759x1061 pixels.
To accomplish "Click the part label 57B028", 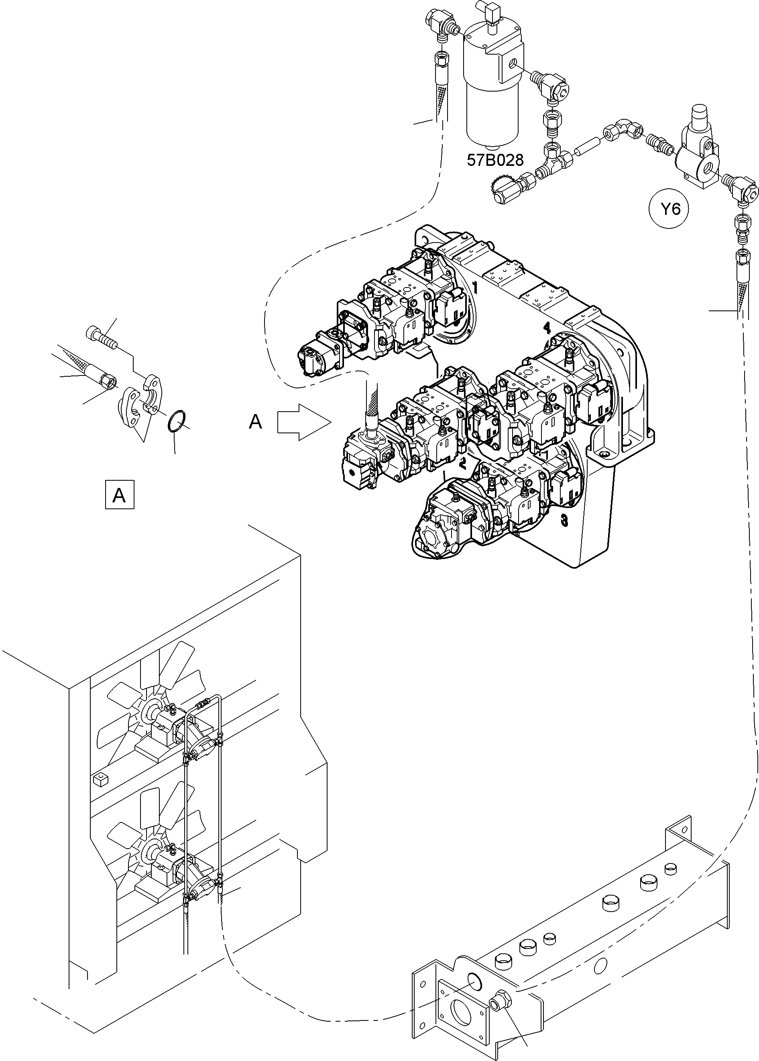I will [x=495, y=160].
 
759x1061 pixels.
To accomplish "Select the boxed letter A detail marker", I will [x=119, y=494].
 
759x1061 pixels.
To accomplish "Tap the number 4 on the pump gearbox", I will [x=547, y=328].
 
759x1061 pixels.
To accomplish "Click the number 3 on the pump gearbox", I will [x=565, y=520].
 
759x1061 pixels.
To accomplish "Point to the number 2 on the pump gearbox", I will [x=463, y=464].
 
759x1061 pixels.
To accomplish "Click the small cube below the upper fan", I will [x=99, y=779].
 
